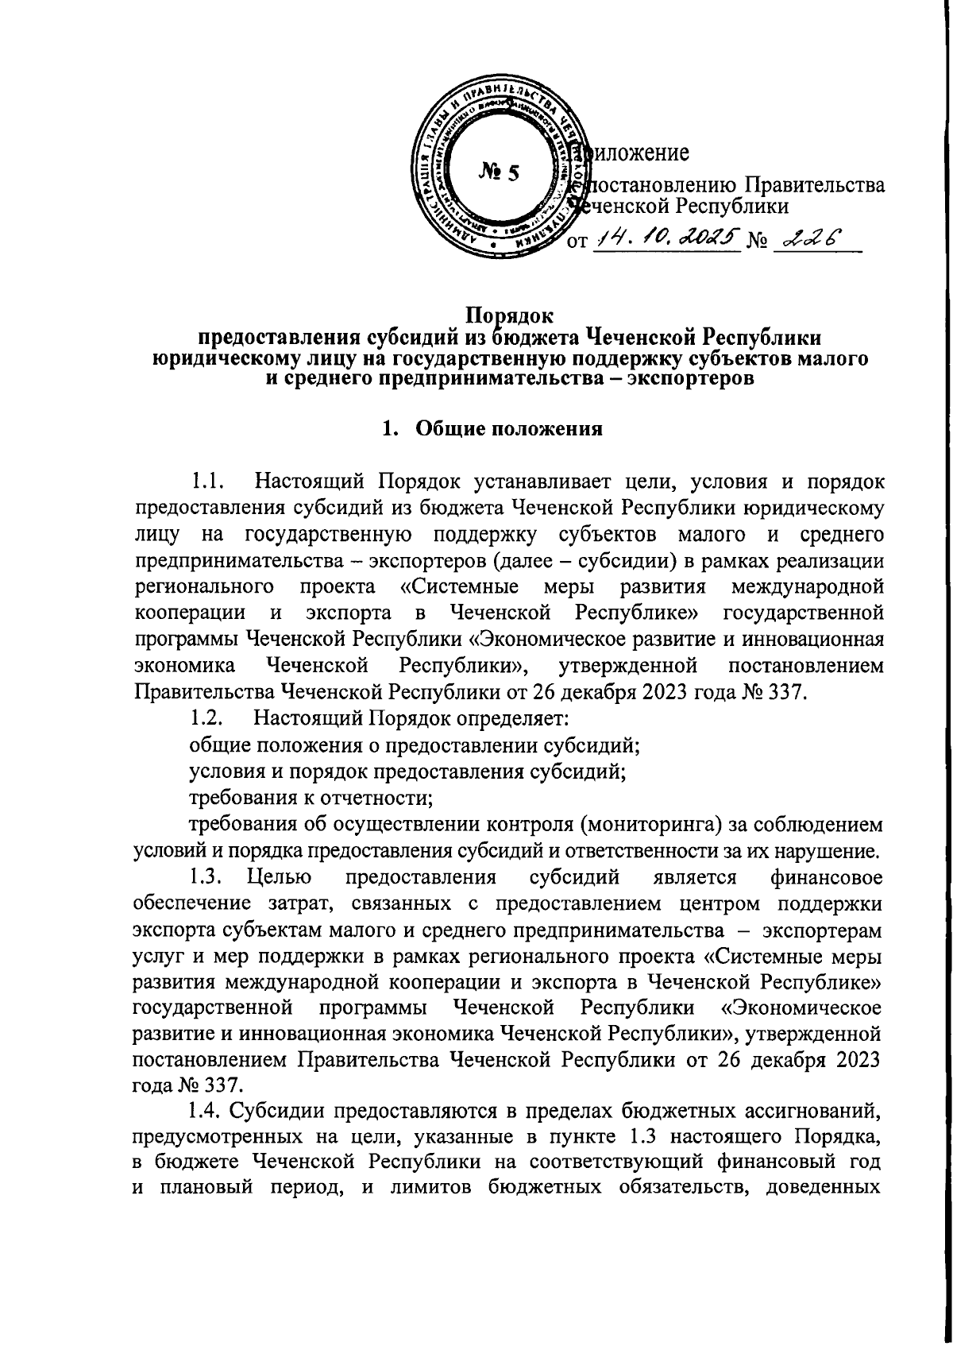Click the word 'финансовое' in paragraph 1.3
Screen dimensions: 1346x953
click(x=827, y=878)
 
